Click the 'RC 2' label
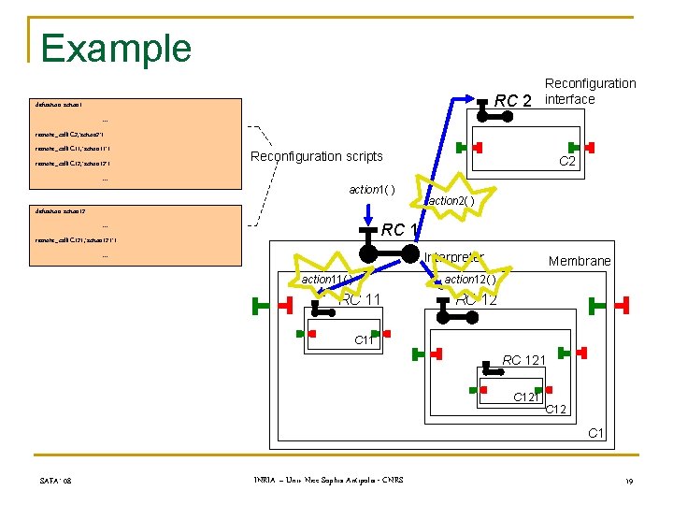point(513,100)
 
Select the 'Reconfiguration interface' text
point(590,92)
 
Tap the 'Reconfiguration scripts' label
point(316,156)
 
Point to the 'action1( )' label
point(372,190)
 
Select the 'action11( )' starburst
point(326,279)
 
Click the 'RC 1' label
point(400,229)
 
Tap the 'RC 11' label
point(361,300)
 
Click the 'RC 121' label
point(524,360)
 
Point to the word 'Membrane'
point(580,261)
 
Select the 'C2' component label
point(567,162)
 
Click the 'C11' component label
point(365,340)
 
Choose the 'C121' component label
point(527,397)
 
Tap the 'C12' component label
point(556,409)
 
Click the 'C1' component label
point(596,432)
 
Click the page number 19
point(630,481)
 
